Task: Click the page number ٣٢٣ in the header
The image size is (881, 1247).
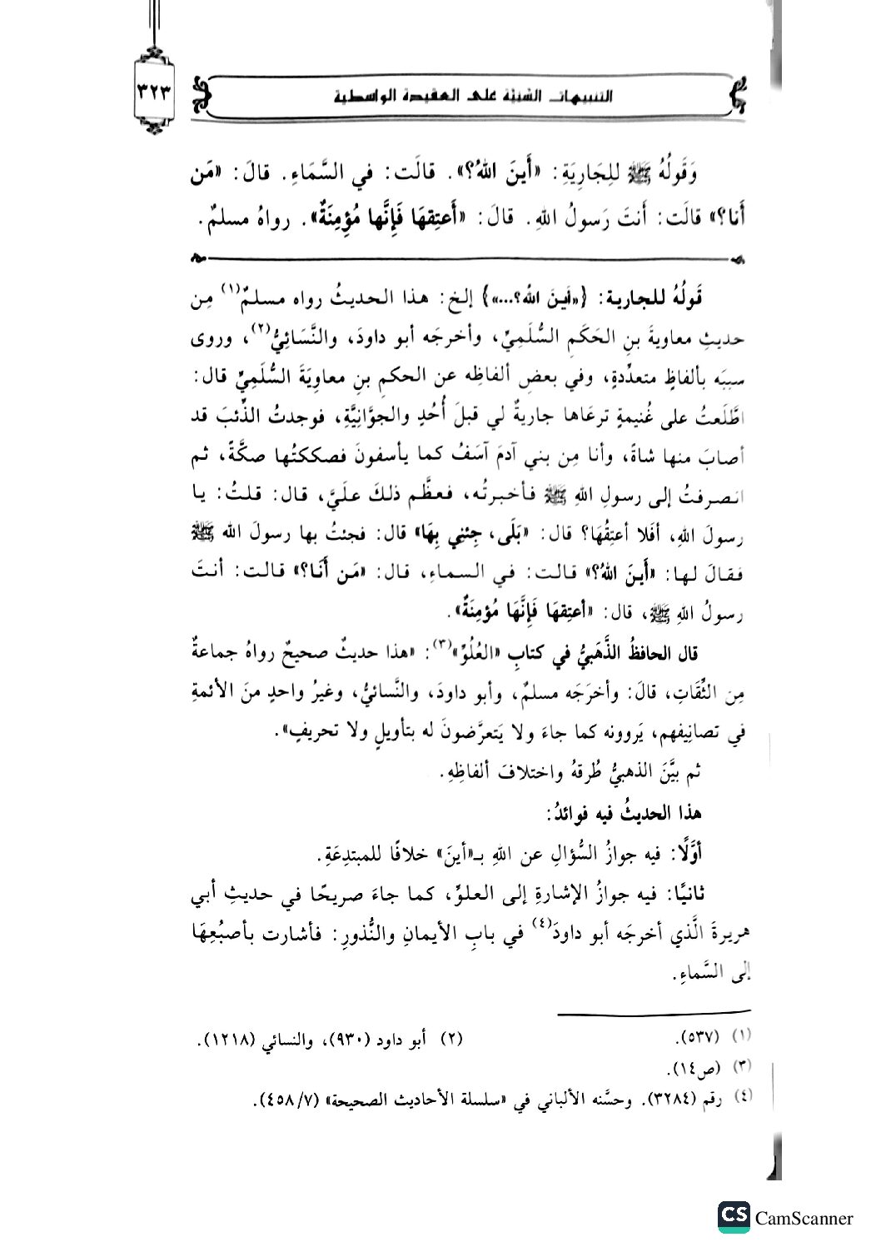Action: (156, 92)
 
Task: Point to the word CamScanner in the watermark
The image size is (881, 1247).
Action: (804, 1218)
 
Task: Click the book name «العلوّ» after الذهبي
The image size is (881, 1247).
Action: (470, 655)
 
